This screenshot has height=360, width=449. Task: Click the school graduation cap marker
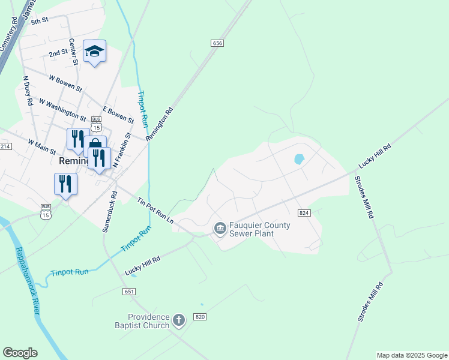[94, 51]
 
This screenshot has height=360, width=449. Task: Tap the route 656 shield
[217, 43]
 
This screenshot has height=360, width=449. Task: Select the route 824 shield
[304, 213]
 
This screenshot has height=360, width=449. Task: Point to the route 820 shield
[200, 317]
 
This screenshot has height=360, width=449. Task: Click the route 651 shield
[129, 291]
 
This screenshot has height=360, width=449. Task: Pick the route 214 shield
[5, 146]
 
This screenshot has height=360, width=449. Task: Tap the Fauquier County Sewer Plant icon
[220, 228]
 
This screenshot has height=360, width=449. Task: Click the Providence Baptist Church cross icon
[178, 320]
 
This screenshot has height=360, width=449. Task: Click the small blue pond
[298, 160]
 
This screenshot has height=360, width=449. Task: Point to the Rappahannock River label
[28, 280]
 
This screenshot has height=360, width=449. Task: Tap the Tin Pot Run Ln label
[155, 211]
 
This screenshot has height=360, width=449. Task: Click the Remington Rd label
[159, 124]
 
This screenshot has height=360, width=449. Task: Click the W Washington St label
[62, 108]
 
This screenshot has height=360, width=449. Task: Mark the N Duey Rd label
[28, 90]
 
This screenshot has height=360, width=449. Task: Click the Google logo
[20, 353]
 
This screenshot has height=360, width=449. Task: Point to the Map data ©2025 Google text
[411, 355]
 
